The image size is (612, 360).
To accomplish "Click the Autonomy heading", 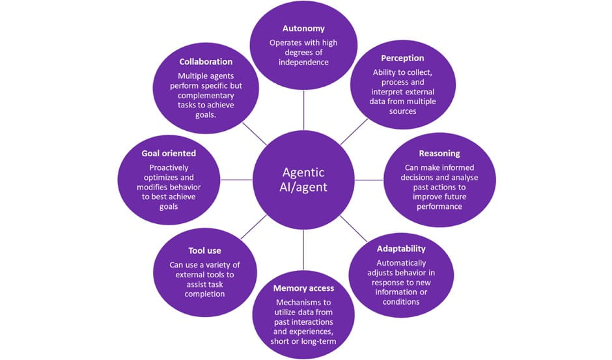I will coord(304,29).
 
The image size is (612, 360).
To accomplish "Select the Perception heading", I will coord(403,59).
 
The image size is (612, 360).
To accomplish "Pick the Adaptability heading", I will coord(401,249).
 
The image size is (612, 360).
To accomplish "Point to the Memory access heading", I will coord(304,288).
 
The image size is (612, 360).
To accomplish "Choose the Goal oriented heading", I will coord(169,153).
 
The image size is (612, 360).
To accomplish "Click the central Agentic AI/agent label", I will coord(304,180).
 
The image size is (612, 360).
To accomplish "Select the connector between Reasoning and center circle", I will coord(369,180).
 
